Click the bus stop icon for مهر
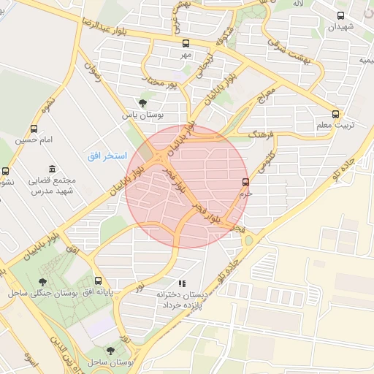[x=186, y=43]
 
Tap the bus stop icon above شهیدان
[x=341, y=15]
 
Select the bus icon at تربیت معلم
[x=336, y=114]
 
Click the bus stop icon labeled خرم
[x=245, y=182]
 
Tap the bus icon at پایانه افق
[x=98, y=280]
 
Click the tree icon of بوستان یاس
[x=142, y=103]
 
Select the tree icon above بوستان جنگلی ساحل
[x=44, y=280]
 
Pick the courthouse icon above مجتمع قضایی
[x=50, y=169]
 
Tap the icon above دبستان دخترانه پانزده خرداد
[x=182, y=283]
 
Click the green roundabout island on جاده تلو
[x=249, y=240]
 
